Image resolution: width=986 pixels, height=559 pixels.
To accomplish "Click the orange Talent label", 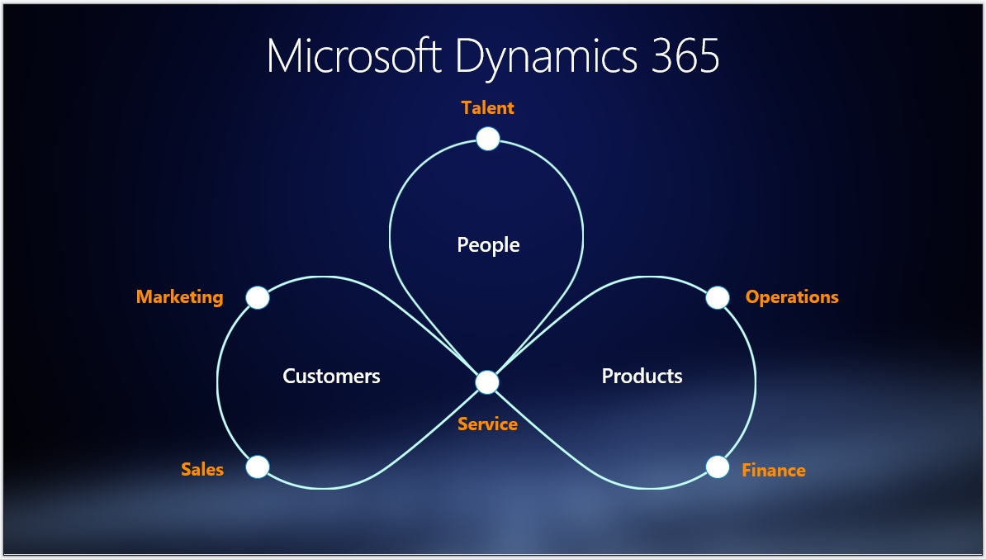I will (488, 107).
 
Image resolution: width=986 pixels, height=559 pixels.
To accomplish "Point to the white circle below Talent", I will (488, 139).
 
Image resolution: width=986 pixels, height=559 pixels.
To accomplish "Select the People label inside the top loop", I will (488, 244).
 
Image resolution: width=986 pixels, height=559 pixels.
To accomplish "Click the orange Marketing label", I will (179, 296).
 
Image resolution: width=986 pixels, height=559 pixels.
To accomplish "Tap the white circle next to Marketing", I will (258, 298).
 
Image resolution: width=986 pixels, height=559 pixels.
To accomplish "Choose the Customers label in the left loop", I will (331, 376).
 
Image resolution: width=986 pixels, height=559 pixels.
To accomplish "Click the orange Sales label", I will (202, 469).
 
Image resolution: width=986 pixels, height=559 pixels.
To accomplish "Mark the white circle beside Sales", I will (258, 467).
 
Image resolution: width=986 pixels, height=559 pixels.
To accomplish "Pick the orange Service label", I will (487, 424).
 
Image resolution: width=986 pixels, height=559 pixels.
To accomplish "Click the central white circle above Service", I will (487, 382).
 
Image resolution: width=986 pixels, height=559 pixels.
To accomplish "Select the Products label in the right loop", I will (642, 376).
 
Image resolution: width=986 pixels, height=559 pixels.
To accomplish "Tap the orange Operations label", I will (792, 296).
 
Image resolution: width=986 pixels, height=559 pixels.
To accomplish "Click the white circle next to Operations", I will (718, 298).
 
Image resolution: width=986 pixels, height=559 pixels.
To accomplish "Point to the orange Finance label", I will (773, 470).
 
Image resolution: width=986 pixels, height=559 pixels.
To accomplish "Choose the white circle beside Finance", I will (718, 467).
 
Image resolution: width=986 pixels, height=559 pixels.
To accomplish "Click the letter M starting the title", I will (285, 56).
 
